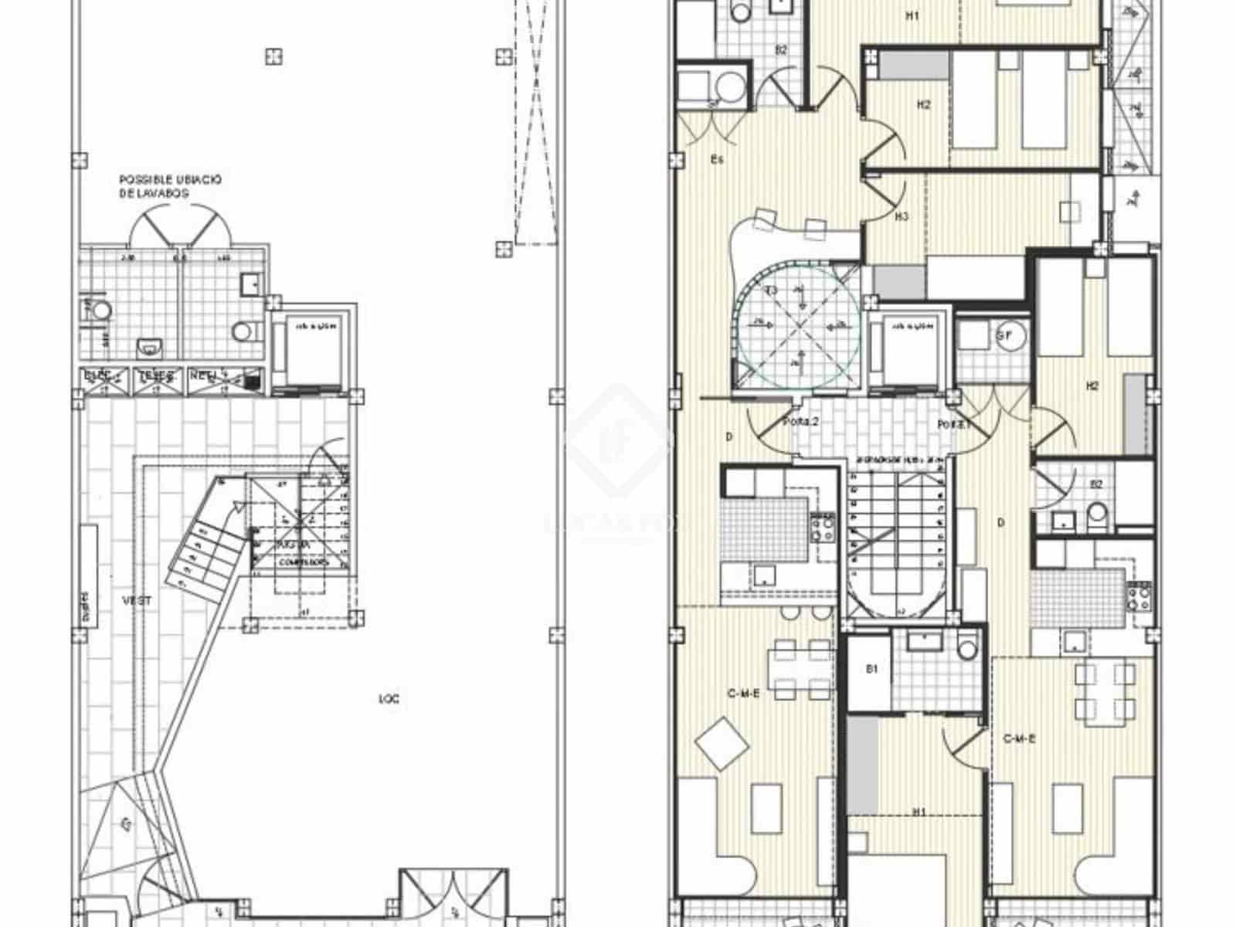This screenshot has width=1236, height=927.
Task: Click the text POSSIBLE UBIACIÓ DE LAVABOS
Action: pyautogui.click(x=170, y=186)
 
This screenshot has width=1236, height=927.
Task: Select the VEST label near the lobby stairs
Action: pyautogui.click(x=137, y=600)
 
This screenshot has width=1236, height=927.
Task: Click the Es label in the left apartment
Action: pyautogui.click(x=717, y=161)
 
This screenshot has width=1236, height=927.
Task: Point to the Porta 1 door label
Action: pyautogui.click(x=948, y=425)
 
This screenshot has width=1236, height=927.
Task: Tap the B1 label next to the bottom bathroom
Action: pyautogui.click(x=872, y=670)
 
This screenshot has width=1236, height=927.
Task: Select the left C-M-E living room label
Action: pyautogui.click(x=744, y=694)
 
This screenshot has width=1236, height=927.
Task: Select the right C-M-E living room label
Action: pyautogui.click(x=1018, y=739)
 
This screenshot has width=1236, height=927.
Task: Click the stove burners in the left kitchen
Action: pyautogui.click(x=822, y=528)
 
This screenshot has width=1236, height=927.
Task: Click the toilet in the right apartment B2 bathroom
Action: pyautogui.click(x=1096, y=511)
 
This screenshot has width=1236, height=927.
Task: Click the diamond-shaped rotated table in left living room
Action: pyautogui.click(x=722, y=742)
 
